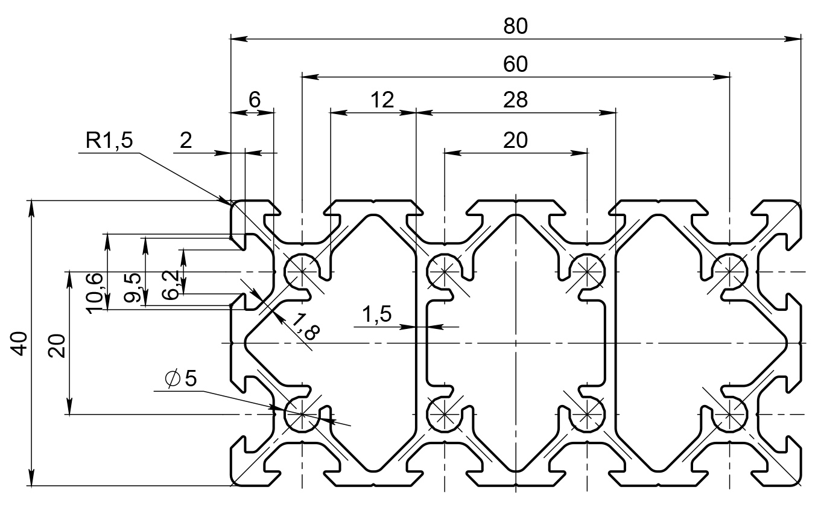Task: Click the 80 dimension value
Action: point(516,26)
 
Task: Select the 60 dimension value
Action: point(516,64)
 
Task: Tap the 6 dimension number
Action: point(255,100)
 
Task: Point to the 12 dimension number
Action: point(381,100)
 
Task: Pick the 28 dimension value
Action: point(516,100)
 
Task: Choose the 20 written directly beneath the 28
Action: point(516,140)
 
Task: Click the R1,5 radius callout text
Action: point(109,141)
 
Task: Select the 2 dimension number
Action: point(186,141)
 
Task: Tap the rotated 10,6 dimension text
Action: point(95,293)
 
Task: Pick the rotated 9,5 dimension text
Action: point(134,288)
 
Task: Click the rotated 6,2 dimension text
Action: point(171,285)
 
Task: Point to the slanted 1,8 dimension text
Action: point(303,331)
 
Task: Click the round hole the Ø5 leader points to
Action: point(300,415)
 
